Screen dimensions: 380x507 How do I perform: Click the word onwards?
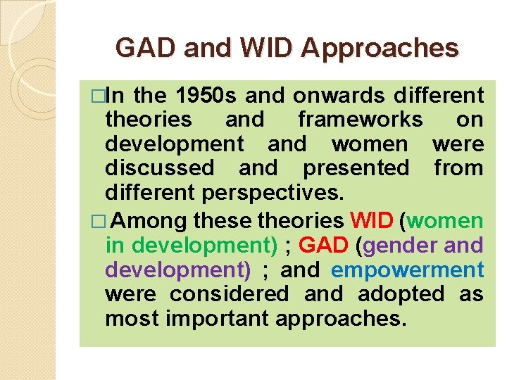(340, 96)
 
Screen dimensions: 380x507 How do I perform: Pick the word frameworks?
(360, 120)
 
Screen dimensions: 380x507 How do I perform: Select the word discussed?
(159, 168)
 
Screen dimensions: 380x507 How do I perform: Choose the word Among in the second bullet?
(149, 222)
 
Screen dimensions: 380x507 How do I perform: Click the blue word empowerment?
(407, 270)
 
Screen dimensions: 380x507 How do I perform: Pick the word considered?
(230, 294)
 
